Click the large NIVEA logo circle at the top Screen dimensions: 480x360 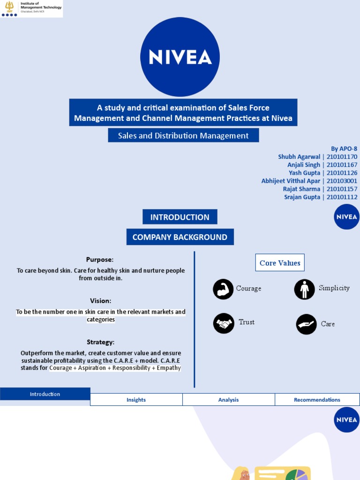pos(180,57)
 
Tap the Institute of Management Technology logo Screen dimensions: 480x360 pos(31,8)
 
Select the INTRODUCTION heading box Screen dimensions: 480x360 pos(180,217)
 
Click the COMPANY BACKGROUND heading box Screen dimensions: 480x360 pos(180,237)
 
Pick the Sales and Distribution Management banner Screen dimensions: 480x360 pos(183,135)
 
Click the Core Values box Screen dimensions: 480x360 pos(280,263)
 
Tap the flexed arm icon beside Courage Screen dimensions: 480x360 pos(223,289)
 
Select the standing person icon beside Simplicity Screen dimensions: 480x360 pos(304,289)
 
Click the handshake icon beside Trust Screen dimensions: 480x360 pos(224,323)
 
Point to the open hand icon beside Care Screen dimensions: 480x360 pos(306,324)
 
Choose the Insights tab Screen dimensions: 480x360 pos(136,400)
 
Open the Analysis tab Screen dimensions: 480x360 pos(228,400)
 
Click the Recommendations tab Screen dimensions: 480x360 pos(317,400)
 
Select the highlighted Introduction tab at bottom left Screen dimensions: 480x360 pos(45,394)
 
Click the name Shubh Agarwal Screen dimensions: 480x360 pos(299,157)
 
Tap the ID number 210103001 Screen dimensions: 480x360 pos(342,181)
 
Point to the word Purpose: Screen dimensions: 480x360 pos(100,260)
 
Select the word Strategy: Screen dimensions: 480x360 pos(101,342)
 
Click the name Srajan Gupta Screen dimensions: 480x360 pos(302,197)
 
